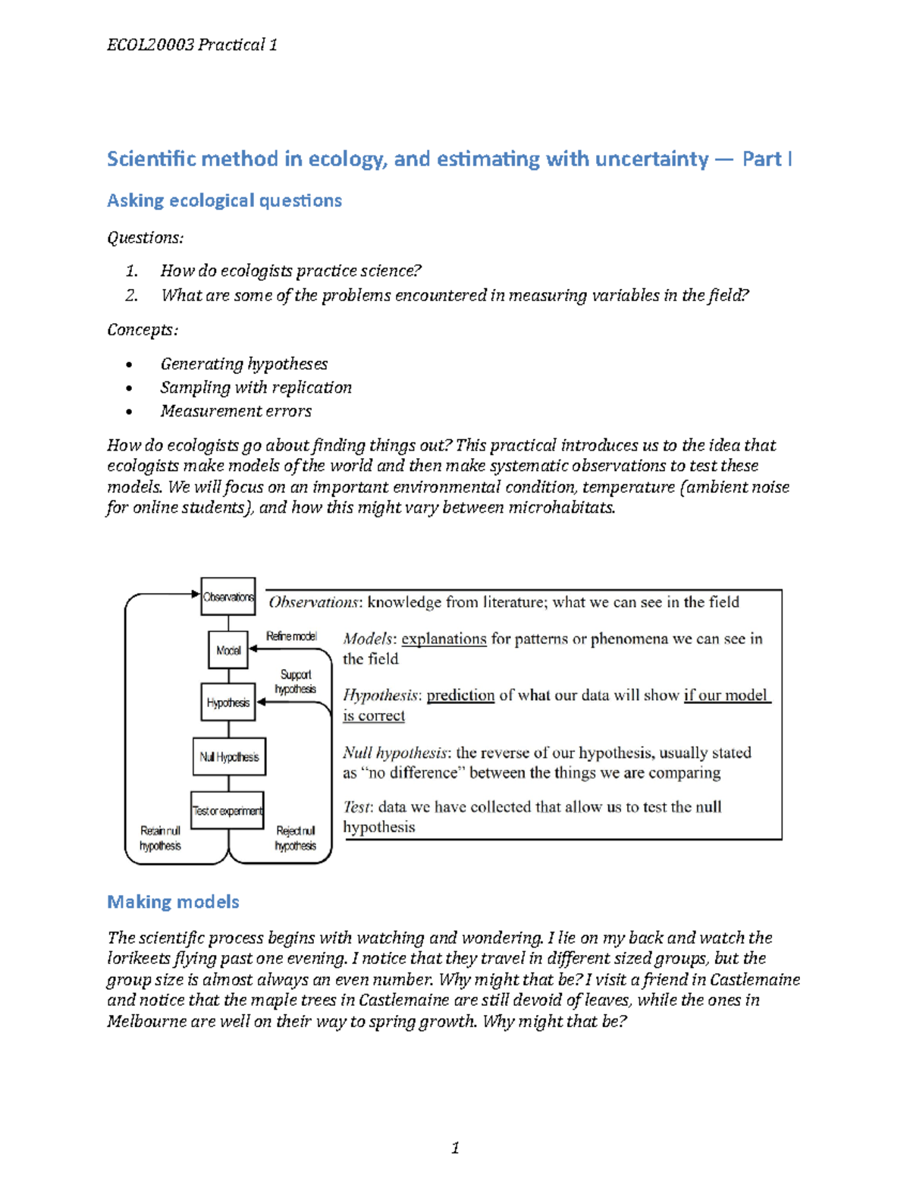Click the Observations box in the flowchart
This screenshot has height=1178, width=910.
point(227,597)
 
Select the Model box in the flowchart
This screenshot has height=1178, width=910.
point(228,650)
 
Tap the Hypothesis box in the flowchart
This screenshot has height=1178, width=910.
point(228,703)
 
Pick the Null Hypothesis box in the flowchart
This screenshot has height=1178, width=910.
point(229,757)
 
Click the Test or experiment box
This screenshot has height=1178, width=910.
point(227,811)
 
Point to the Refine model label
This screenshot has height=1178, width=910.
point(291,636)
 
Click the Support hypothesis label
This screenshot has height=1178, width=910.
point(295,682)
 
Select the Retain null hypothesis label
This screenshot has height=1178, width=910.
point(160,838)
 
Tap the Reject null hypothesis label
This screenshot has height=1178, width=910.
point(295,838)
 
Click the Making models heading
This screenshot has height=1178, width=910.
point(173,902)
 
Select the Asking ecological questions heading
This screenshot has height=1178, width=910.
point(224,200)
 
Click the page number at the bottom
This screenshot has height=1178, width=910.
point(455,1148)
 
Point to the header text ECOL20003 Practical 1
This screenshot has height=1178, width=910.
point(192,45)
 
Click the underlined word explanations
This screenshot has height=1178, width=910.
point(444,639)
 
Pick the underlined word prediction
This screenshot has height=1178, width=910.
point(460,696)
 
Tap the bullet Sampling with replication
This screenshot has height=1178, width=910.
point(256,388)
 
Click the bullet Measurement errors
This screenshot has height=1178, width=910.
point(236,411)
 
